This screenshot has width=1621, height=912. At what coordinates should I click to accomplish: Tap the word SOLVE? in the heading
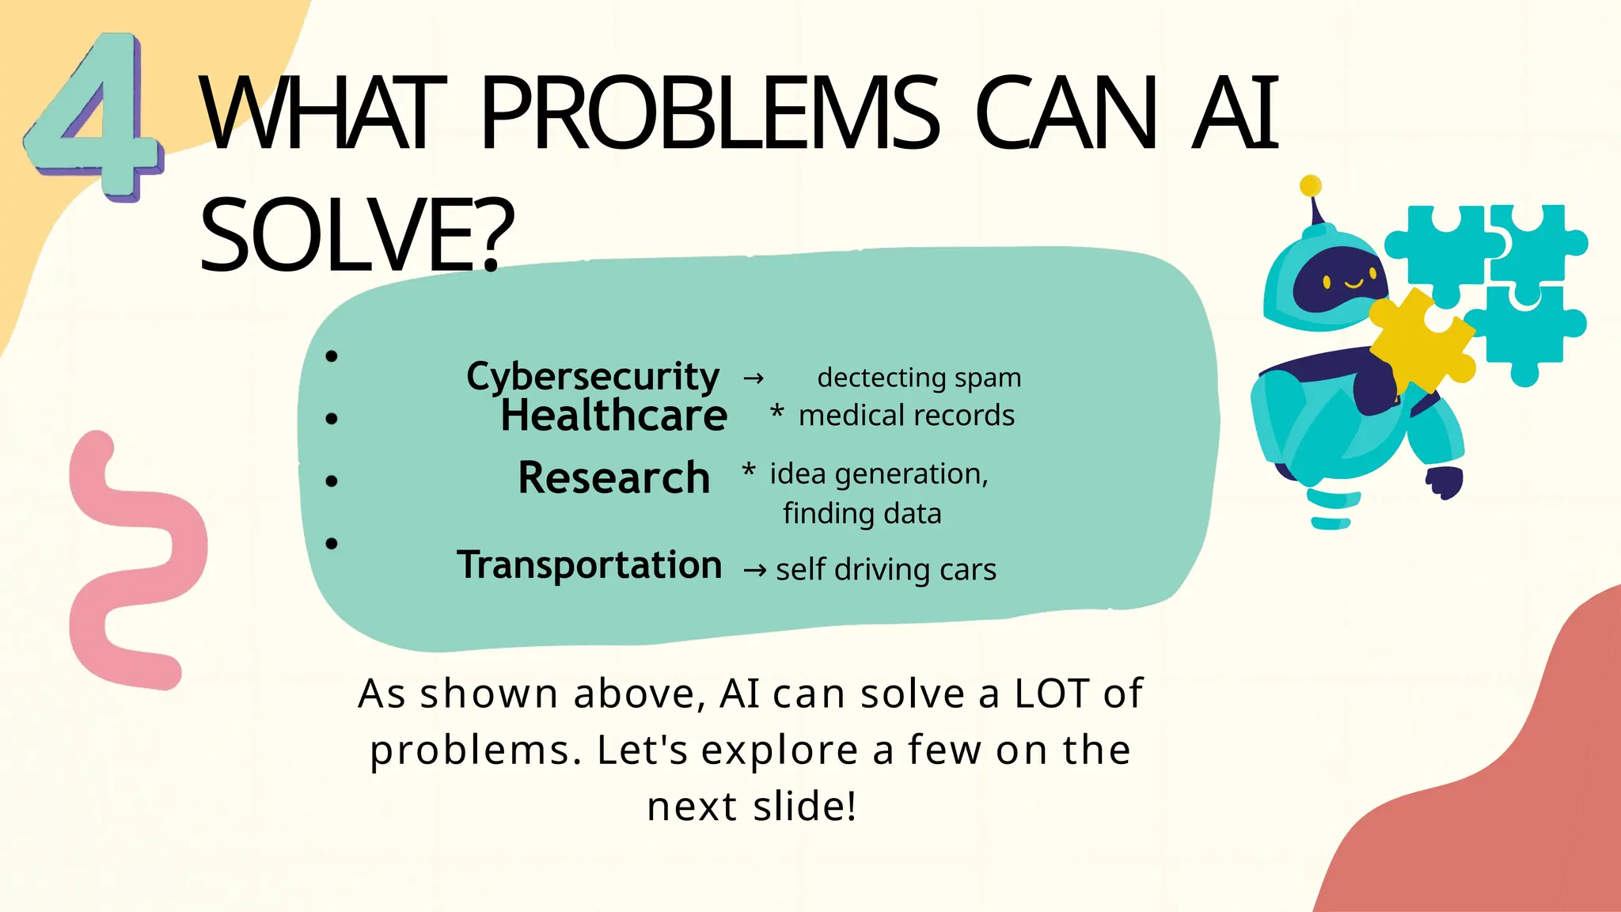[357, 235]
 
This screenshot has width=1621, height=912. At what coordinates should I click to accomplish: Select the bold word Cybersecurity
[592, 376]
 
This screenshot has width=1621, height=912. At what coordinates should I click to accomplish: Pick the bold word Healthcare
[613, 416]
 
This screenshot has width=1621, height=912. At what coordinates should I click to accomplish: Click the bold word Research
[613, 478]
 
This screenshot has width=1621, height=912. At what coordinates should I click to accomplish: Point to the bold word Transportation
[589, 565]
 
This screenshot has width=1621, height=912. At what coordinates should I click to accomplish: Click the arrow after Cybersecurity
[754, 378]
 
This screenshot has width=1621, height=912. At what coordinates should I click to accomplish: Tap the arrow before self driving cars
[754, 570]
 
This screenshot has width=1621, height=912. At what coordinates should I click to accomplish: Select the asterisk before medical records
[777, 411]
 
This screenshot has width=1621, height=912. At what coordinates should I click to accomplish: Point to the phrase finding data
[862, 514]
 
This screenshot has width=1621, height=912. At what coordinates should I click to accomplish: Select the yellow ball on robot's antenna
[1311, 186]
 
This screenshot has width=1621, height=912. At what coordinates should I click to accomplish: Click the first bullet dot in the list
[332, 356]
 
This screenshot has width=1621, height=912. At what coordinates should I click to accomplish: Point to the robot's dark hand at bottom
[1444, 482]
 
